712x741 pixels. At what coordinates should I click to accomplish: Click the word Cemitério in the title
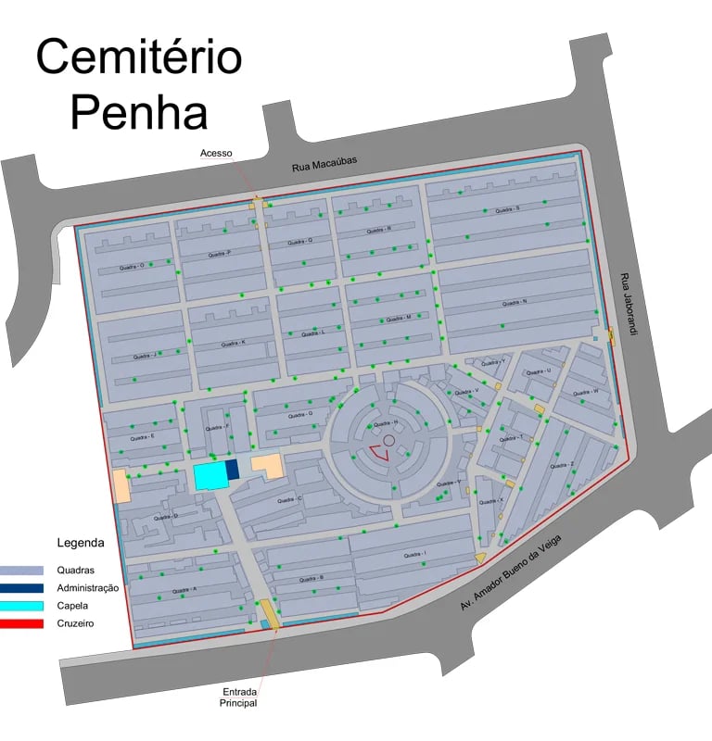point(139,57)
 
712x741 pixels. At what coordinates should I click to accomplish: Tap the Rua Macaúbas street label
point(324,164)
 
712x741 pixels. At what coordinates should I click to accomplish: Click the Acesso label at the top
point(216,153)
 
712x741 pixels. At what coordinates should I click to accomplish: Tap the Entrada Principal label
point(238,697)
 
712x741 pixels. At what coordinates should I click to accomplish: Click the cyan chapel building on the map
point(210,476)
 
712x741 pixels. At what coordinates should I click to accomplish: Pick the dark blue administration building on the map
point(233,470)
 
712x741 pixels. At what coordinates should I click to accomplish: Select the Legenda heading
point(81,543)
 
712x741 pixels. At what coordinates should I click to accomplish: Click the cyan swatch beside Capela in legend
point(21,606)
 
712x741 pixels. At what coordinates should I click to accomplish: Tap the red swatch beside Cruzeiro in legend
point(21,623)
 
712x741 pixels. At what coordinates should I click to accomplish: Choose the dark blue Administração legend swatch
point(21,588)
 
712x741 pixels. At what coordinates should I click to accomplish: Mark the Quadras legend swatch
point(21,571)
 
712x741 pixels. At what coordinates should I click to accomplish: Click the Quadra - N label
point(515,303)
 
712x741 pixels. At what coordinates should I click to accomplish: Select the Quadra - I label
point(414,554)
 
